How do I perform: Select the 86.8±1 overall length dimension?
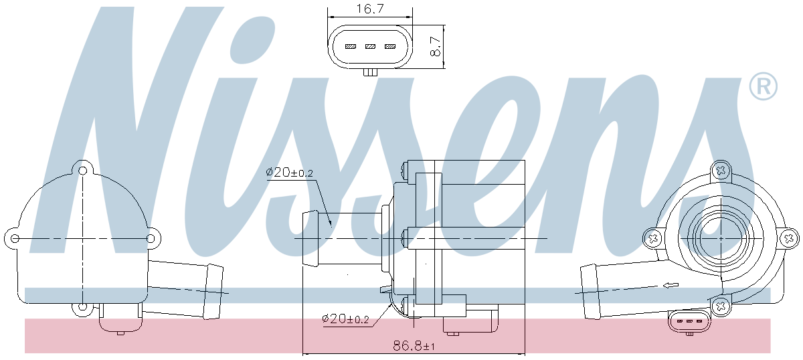[x=414, y=346]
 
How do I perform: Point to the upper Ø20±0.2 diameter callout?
[x=290, y=173]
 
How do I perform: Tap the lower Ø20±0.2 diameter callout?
[x=345, y=319]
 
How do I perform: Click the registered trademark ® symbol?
[x=763, y=86]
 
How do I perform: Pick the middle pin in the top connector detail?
[x=370, y=47]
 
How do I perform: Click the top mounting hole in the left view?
[x=83, y=171]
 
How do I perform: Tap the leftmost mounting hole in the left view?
[x=14, y=238]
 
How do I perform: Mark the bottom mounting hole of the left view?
[x=82, y=307]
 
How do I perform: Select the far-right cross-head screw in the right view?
[x=789, y=238]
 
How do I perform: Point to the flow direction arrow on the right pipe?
[x=667, y=286]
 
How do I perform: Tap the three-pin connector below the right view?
[x=687, y=323]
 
